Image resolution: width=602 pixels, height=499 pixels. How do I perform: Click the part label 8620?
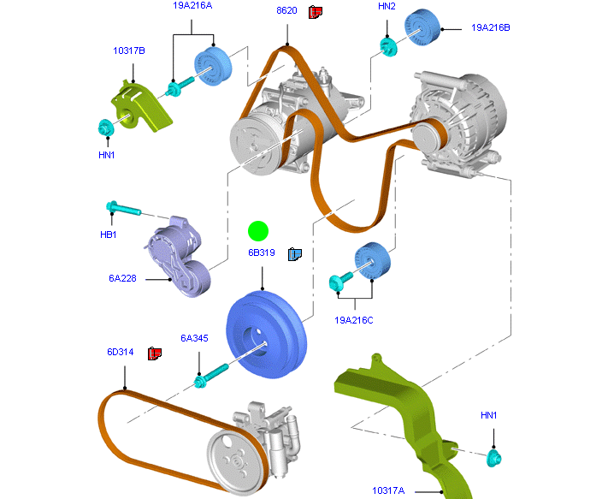tap(286, 11)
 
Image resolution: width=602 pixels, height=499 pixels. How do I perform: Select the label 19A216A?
tap(192, 7)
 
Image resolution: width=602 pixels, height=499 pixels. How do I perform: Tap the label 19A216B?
tap(491, 27)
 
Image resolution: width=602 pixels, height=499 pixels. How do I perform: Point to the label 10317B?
tap(128, 51)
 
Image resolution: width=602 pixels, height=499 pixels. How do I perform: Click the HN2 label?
tap(387, 7)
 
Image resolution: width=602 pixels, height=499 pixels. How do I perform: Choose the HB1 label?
tap(108, 234)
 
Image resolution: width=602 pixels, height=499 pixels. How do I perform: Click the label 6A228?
tap(123, 278)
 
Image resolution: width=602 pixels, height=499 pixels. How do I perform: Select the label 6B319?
tap(262, 253)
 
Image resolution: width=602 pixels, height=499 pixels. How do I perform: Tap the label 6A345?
tap(194, 338)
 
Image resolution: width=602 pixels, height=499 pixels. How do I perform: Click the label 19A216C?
tap(354, 320)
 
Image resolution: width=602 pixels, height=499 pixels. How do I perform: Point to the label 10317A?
tap(388, 490)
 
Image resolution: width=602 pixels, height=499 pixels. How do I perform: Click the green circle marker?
tap(258, 230)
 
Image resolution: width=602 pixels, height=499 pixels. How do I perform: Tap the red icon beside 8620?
tap(316, 11)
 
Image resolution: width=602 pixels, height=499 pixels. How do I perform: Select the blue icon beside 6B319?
tap(295, 253)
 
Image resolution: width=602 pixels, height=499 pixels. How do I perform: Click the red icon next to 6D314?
tap(155, 353)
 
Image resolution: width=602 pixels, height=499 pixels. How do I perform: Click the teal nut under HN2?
tap(387, 45)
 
